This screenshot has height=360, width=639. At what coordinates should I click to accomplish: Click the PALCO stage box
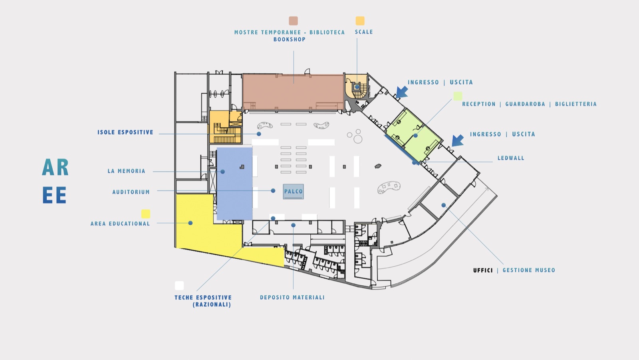pos(293,191)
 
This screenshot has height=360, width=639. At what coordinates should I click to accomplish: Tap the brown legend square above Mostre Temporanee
pos(293,21)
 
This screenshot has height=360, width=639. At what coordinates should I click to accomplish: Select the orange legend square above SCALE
pos(360,21)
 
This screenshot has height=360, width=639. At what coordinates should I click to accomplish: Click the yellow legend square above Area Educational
pos(146,214)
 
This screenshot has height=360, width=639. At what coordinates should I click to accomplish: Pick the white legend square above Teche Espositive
pos(179,285)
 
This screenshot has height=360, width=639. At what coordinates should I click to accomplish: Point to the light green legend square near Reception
pos(458,96)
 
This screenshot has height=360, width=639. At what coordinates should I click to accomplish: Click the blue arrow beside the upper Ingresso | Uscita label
pos(402,92)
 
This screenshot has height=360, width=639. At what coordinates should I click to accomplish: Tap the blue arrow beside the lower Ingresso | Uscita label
pos(458,140)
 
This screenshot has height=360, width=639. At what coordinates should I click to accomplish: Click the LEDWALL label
pos(511,158)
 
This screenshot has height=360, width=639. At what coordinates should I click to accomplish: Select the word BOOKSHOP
pos(290,40)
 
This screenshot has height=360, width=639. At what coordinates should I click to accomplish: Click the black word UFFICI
pos(483,270)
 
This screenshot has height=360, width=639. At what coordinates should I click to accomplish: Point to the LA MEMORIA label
pos(126,171)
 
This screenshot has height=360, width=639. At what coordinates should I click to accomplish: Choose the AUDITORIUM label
pos(131,192)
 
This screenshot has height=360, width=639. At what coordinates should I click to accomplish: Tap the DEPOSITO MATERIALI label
pos(292,297)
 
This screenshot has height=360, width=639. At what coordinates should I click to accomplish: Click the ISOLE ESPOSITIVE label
pos(125,132)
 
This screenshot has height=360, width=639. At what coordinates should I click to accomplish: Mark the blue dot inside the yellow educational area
pos(190,223)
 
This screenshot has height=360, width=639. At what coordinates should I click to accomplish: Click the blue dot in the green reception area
pos(416,135)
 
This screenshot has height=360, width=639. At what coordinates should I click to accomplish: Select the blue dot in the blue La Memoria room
pos(222,172)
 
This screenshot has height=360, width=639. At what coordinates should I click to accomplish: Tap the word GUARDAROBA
pos(525,104)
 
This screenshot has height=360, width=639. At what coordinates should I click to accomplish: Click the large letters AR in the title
pos(56,167)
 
